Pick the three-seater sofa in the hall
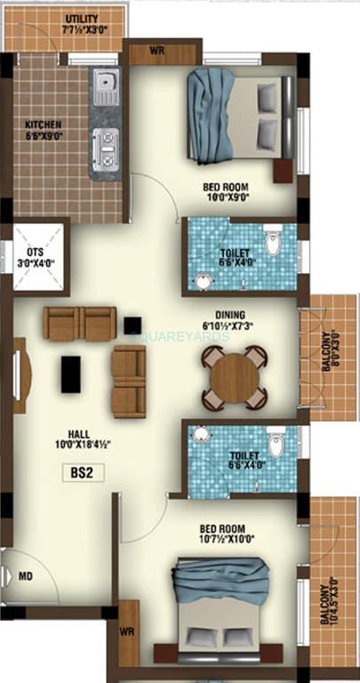point(80,324)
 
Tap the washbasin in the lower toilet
point(202,434)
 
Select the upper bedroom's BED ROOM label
point(227,187)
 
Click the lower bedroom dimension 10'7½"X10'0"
point(228,537)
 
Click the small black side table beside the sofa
point(133,325)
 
